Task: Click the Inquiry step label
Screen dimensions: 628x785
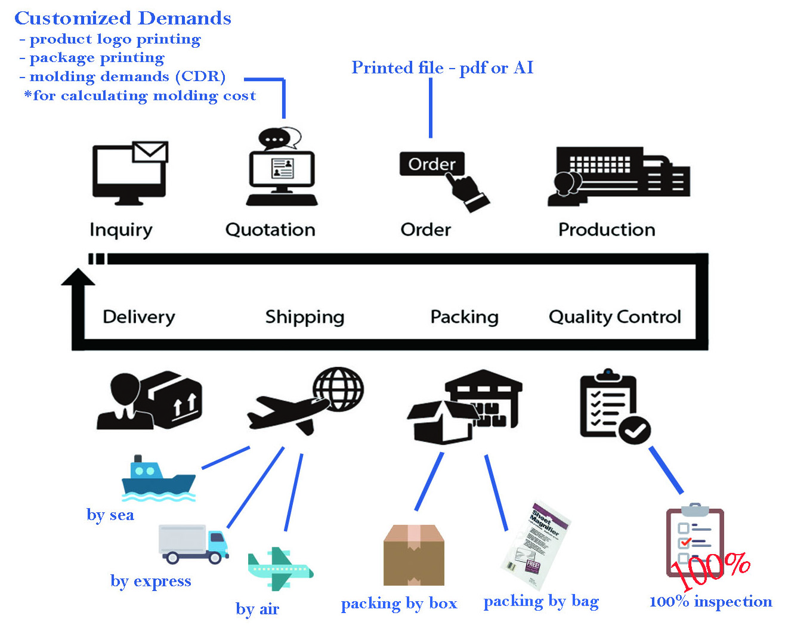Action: tap(121, 230)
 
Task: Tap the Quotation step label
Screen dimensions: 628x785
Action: tap(270, 230)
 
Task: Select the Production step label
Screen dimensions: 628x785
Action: tap(607, 230)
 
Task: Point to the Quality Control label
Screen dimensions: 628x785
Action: tap(614, 317)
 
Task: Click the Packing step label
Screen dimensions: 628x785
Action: tap(464, 317)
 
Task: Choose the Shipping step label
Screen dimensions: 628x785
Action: tap(304, 317)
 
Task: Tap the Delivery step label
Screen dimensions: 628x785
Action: tap(139, 317)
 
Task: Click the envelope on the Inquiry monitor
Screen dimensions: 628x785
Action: tap(150, 151)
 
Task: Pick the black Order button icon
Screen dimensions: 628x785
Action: tap(431, 164)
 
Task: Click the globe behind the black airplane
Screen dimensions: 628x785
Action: tap(339, 388)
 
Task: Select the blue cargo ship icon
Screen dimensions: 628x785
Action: tap(158, 478)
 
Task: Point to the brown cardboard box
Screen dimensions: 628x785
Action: tap(414, 555)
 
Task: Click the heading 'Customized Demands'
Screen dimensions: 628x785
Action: tap(123, 18)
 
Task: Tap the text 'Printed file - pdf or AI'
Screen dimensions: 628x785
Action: tap(442, 67)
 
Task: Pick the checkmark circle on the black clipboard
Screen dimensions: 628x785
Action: tap(634, 429)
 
